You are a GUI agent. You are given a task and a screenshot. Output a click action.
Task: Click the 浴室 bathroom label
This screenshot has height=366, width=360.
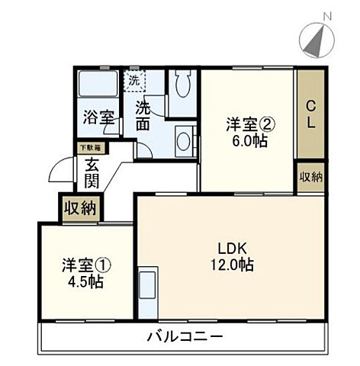[99, 118]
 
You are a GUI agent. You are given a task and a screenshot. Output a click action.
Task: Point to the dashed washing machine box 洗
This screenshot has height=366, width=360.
[133, 79]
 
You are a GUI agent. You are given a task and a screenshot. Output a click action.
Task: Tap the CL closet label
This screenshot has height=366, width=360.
[310, 114]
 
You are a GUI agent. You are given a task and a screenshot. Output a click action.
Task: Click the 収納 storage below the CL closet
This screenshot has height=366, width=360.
[310, 176]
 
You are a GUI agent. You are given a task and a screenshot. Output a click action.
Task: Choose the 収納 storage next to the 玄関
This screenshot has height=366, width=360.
[79, 207]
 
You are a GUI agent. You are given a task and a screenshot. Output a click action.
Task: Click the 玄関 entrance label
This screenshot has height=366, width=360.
[92, 172]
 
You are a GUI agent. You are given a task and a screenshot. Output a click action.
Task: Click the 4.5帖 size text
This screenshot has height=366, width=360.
[84, 281]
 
